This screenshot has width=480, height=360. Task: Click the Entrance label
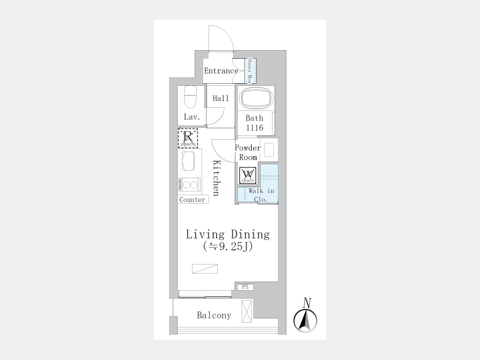[x=221, y=71]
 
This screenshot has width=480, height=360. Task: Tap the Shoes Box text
[x=250, y=71]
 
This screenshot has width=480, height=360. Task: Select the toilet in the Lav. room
[x=190, y=97]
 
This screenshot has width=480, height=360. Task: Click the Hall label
[x=221, y=98]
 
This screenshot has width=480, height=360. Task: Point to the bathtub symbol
[x=256, y=98]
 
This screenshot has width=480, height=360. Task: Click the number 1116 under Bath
[x=255, y=127]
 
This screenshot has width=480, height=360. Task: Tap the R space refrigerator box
[x=188, y=138]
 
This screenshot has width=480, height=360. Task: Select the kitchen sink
[x=188, y=161]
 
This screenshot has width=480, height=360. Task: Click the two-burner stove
[x=189, y=185]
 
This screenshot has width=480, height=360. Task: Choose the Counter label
[x=192, y=199]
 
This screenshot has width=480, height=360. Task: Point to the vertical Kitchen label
[x=217, y=178]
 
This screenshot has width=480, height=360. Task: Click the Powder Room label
[x=248, y=153]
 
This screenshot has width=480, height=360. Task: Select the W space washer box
[x=247, y=175]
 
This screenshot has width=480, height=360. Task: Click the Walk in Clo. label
[x=261, y=195]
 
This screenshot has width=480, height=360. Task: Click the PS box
[x=245, y=287]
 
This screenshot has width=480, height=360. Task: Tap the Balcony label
[x=214, y=315]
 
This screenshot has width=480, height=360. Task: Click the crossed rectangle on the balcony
[x=247, y=311]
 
